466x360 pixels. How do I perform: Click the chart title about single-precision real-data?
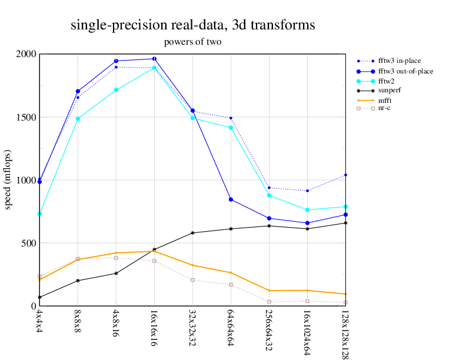point(192,25)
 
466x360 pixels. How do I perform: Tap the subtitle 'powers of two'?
point(192,42)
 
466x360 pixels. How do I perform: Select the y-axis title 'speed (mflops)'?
point(8,180)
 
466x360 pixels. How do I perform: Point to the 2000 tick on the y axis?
point(26,54)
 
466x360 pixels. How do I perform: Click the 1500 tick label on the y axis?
point(26,117)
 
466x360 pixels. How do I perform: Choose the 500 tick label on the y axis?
point(28,243)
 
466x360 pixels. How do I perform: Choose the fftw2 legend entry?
point(386,81)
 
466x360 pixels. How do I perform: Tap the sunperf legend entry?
point(389,91)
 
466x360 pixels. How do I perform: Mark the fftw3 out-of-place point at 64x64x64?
point(231,199)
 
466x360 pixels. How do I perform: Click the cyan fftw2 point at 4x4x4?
point(39,214)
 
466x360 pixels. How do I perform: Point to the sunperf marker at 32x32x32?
point(193,233)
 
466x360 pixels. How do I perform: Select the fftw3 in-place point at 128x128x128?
point(345,175)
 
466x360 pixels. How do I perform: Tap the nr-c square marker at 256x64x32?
point(269,302)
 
